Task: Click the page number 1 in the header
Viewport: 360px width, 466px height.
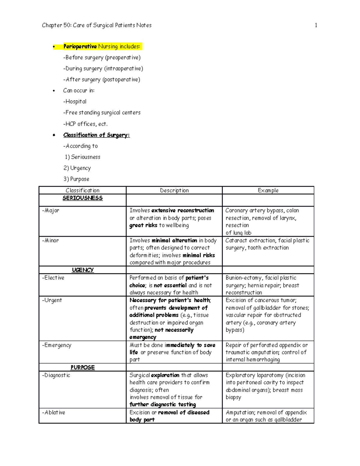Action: [x=316, y=26]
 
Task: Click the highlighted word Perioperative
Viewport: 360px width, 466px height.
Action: [x=80, y=47]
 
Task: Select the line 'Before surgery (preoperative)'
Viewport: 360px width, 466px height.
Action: [x=102, y=58]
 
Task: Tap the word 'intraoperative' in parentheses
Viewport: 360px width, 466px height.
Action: [x=124, y=69]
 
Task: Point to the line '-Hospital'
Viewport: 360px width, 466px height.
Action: [x=75, y=102]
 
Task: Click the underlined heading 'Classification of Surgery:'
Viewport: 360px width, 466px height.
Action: [x=96, y=135]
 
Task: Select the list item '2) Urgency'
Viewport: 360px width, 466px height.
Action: [x=77, y=168]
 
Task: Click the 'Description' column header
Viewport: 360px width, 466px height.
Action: [x=174, y=191]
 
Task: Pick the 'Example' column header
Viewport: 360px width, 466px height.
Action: [x=268, y=191]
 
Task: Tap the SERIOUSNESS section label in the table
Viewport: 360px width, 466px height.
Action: [x=82, y=198]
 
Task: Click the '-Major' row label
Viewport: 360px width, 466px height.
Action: [x=50, y=211]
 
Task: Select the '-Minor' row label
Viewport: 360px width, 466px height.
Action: [x=50, y=241]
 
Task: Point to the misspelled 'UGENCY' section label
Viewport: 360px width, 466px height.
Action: [x=83, y=270]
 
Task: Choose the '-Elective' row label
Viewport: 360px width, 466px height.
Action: [x=53, y=278]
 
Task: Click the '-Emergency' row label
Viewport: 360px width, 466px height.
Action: [x=57, y=345]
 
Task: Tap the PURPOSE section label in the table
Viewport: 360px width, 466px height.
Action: [x=82, y=368]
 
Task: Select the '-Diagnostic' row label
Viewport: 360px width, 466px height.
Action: [x=56, y=375]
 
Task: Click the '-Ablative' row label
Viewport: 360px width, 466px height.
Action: [x=53, y=413]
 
